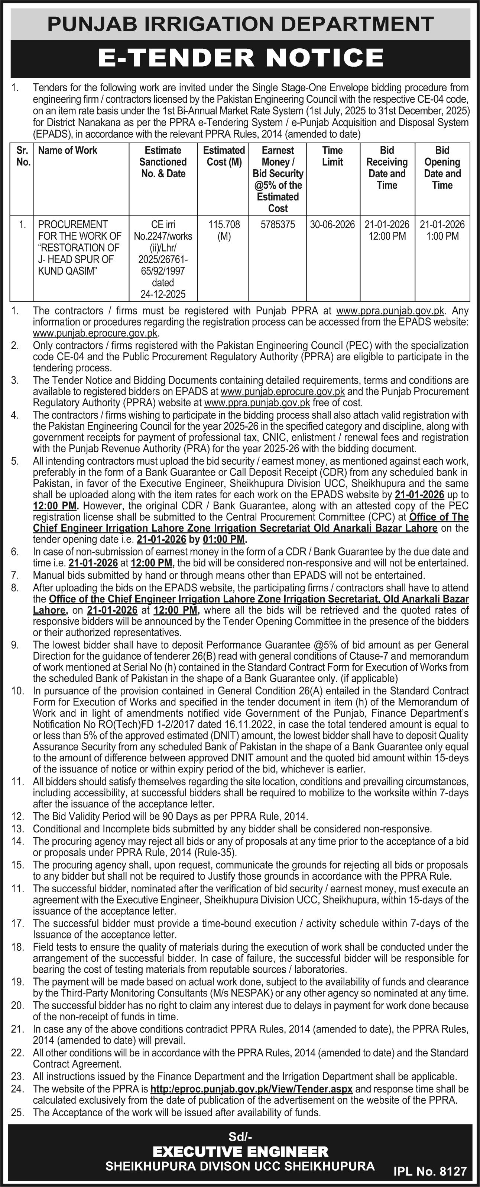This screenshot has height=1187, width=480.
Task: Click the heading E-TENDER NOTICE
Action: (x=240, y=58)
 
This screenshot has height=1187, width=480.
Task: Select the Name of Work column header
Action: (x=68, y=150)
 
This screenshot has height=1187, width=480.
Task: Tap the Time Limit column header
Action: (x=332, y=156)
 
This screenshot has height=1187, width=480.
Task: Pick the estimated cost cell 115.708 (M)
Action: (x=224, y=230)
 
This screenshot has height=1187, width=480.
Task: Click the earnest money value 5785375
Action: (x=278, y=225)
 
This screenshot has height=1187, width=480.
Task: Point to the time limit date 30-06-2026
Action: (x=332, y=225)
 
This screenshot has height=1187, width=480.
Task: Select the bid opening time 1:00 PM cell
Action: (x=442, y=236)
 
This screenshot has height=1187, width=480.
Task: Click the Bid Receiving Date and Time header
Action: (x=387, y=168)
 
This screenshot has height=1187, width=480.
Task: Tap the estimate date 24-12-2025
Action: (x=163, y=294)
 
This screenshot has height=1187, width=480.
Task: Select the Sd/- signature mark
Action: (x=240, y=1136)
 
